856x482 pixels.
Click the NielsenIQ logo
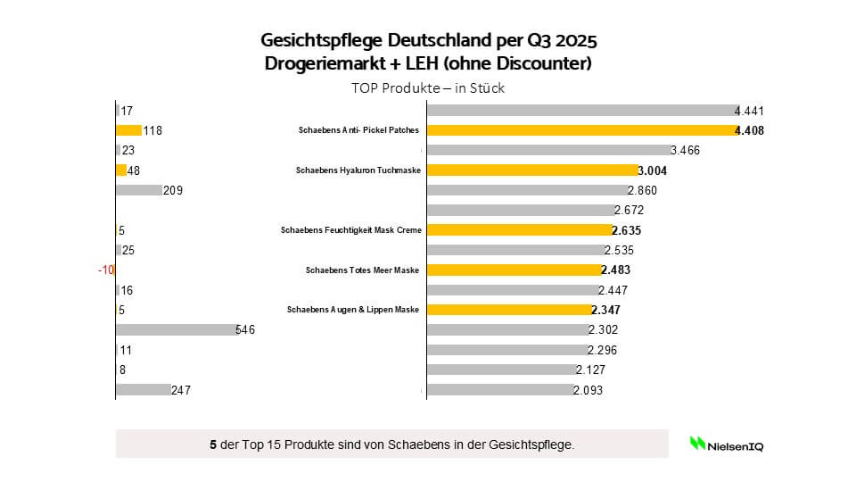726,443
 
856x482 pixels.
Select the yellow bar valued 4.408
580,130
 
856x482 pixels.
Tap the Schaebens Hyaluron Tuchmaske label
357,170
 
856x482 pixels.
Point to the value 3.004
653,170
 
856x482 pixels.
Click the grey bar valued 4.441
580,111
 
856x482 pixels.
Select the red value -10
106,270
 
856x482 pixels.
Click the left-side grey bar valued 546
175,329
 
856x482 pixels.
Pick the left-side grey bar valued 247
143,389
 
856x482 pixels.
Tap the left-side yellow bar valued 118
128,130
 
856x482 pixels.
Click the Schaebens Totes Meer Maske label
362,270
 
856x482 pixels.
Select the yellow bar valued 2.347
508,310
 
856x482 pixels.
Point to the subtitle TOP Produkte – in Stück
428,88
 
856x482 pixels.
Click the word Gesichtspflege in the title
310,41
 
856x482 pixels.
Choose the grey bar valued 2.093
499,389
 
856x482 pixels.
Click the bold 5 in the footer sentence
212,443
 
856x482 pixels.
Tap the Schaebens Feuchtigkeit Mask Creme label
350,229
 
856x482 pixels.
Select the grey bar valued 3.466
547,150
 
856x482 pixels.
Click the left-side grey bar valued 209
138,190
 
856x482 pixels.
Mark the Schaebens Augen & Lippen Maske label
352,310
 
